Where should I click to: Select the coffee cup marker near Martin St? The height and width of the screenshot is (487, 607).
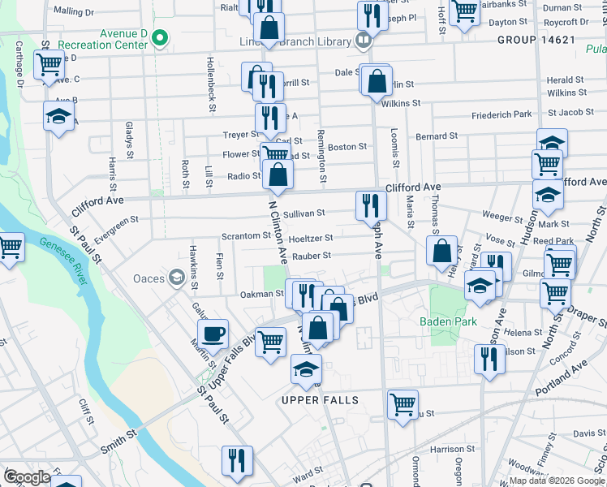[213, 333]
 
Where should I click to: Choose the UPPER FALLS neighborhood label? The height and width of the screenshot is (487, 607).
[319, 401]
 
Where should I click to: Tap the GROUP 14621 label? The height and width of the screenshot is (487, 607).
[536, 39]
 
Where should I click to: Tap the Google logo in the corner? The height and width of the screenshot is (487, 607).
[27, 476]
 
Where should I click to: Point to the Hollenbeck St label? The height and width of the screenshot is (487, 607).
[211, 80]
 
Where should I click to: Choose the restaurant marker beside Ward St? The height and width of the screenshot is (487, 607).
[237, 459]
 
